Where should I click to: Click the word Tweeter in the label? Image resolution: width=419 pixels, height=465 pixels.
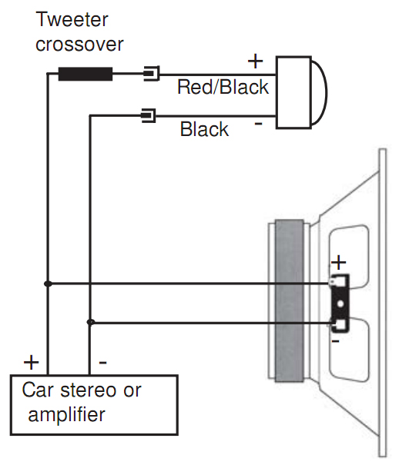pos(72,19)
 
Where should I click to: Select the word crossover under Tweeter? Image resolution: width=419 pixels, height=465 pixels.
pos(79,45)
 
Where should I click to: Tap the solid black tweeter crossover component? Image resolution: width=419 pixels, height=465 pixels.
pos(85,74)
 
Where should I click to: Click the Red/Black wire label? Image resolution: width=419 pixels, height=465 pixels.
pos(223,87)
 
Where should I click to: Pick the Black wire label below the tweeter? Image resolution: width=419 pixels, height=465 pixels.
pos(204,129)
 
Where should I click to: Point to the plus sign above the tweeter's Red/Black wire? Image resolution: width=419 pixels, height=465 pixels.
pos(255,61)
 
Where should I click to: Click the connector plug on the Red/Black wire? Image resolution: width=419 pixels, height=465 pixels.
pos(152,73)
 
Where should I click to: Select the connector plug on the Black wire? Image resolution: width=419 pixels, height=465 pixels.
pos(149,115)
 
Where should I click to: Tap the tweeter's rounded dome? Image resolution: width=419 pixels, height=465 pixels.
pos(320,92)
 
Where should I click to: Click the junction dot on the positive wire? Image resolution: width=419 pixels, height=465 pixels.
pos(48,284)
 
